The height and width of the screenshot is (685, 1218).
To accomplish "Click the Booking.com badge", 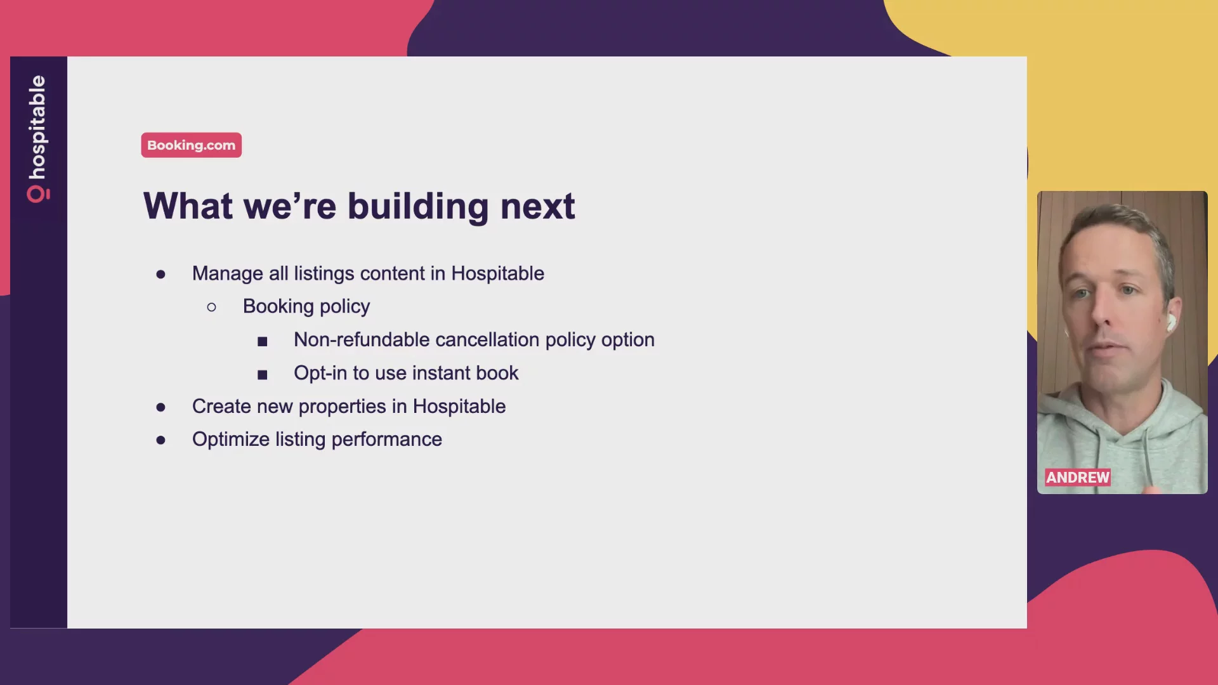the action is (191, 145).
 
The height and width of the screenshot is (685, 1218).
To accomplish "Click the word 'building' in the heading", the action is (418, 207).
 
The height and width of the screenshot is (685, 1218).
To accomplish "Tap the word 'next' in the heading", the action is (537, 207).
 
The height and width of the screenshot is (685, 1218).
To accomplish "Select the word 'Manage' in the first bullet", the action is (228, 274).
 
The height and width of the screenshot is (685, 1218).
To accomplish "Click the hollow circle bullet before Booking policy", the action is (211, 308).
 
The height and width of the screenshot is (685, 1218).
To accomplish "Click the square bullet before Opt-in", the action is (263, 375).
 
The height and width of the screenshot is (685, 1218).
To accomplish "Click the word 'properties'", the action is (342, 407).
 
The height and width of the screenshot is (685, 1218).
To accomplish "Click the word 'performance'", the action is (386, 440).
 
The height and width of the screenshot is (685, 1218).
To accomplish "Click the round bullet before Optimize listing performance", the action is (160, 440).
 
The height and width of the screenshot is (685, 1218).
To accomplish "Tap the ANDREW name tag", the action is (1078, 478).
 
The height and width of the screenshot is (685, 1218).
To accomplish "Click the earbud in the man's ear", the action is (1170, 322).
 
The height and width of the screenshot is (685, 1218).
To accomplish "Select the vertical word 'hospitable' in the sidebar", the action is (37, 127).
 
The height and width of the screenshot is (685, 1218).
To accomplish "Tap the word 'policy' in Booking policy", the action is (344, 307).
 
